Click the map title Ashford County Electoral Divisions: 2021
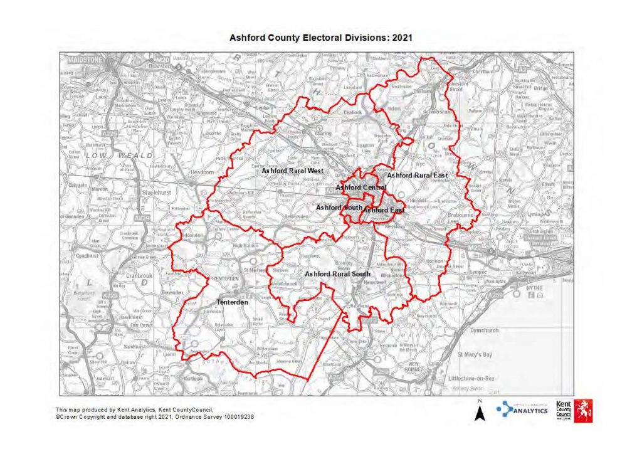[x=320, y=38]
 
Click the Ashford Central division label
[x=360, y=187]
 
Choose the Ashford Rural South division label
[x=337, y=274]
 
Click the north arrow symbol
[x=479, y=411]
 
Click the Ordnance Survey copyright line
[x=155, y=416]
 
